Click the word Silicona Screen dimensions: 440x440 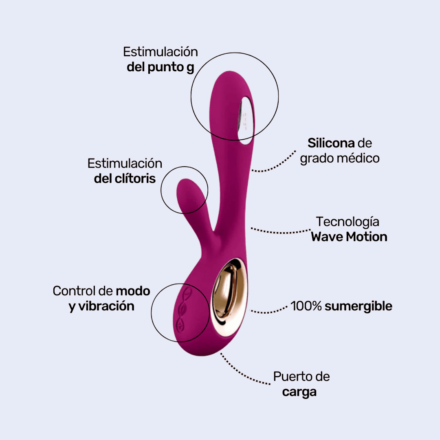tap(331, 143)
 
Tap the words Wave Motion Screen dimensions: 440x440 tap(349, 237)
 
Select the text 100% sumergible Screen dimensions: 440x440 tap(341, 306)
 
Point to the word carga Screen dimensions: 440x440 tap(299, 392)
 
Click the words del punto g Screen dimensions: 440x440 tap(161, 67)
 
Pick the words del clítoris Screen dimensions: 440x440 tap(125, 178)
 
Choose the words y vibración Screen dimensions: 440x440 tap(101, 306)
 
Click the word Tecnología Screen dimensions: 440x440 tap(348, 222)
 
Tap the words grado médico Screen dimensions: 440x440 tap(340, 158)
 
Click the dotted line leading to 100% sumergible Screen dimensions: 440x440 tap(269, 312)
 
